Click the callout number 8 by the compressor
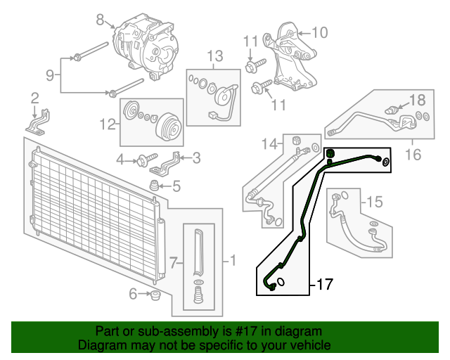click(100, 19)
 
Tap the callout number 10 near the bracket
click(319, 32)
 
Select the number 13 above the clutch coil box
click(214, 56)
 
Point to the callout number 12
click(107, 124)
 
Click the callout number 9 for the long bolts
click(50, 75)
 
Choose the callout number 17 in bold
click(323, 285)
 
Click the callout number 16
click(413, 153)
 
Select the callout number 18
click(417, 100)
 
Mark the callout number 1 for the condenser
click(233, 262)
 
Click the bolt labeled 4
click(148, 160)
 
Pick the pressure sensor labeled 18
click(393, 110)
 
